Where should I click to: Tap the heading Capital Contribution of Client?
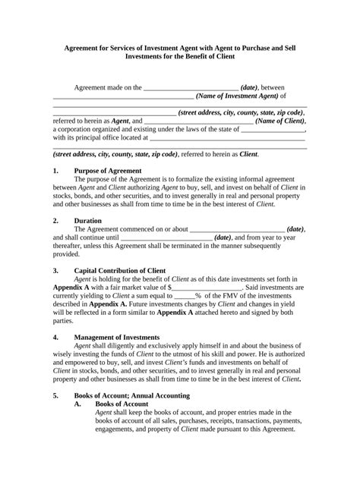point(124,269)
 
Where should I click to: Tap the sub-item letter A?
point(77,404)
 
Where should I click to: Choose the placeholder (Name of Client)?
point(280,120)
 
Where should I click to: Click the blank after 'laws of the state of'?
point(272,130)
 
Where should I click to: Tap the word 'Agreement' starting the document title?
point(88,46)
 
